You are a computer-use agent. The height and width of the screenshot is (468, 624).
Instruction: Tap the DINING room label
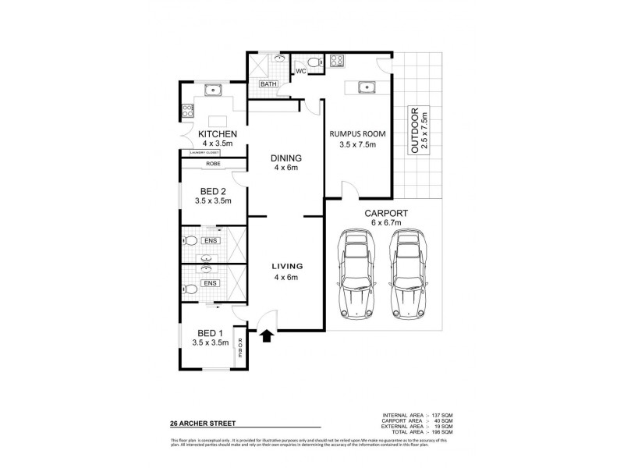(x=285, y=159)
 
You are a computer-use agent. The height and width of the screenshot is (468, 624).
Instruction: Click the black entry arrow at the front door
(x=267, y=335)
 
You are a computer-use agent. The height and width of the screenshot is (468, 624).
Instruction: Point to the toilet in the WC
(x=313, y=62)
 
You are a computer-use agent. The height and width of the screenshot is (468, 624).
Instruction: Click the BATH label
(x=268, y=83)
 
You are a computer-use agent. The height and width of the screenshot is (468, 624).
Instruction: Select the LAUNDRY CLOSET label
(x=200, y=153)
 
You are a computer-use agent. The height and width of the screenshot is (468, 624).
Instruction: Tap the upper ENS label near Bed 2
(x=209, y=240)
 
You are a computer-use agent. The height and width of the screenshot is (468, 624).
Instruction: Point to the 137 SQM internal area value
(x=441, y=413)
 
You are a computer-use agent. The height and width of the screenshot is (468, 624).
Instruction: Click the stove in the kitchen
(x=188, y=112)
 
